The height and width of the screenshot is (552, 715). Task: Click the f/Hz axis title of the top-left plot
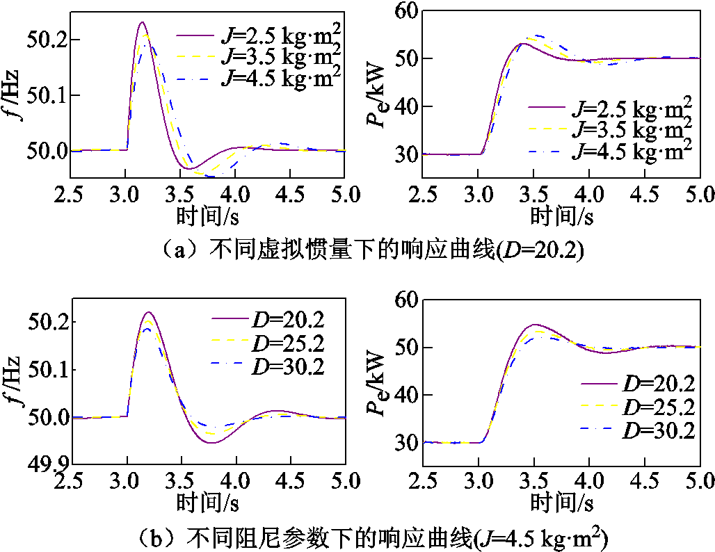coord(14,102)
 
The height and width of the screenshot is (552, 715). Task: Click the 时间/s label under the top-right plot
coord(562,216)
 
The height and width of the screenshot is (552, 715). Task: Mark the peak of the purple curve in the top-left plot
coord(142,22)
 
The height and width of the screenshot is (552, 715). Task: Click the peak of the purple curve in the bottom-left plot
coord(149,313)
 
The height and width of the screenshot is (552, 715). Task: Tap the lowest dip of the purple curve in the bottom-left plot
coord(211,443)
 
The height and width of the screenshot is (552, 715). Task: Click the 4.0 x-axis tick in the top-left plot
coord(236,193)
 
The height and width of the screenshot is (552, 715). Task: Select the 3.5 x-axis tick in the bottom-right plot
coord(534,480)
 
